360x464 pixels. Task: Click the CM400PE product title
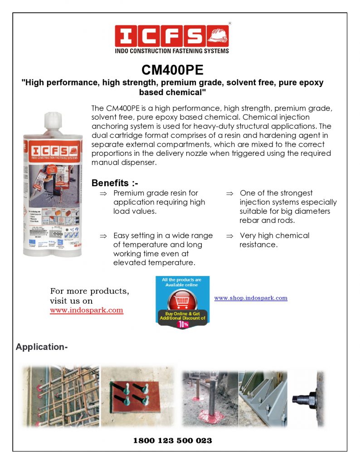coord(172,70)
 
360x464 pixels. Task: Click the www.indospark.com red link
coord(87,310)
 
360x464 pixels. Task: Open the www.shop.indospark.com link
coord(251,298)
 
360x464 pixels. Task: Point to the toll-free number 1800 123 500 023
coord(173,440)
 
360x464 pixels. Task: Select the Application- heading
coord(42,347)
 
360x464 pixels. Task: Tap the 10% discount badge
coord(182,324)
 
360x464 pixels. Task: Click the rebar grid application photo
coord(61,396)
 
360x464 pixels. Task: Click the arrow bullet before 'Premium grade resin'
coord(103,193)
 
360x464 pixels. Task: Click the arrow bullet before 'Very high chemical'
coord(230,236)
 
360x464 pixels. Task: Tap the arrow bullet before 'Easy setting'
coord(103,236)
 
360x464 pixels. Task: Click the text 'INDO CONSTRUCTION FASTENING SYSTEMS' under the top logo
coord(172,51)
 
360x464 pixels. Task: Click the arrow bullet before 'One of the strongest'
coord(230,193)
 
